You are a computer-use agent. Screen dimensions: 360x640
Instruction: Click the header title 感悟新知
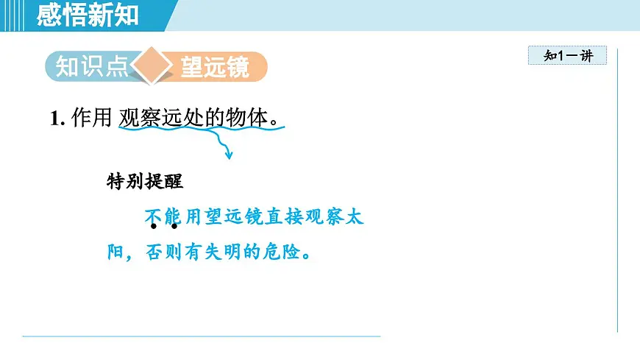(x=88, y=14)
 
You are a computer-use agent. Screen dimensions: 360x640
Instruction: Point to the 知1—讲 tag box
(x=567, y=55)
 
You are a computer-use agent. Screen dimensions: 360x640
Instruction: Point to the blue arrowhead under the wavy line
(x=229, y=155)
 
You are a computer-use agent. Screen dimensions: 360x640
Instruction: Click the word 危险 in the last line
(x=284, y=252)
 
